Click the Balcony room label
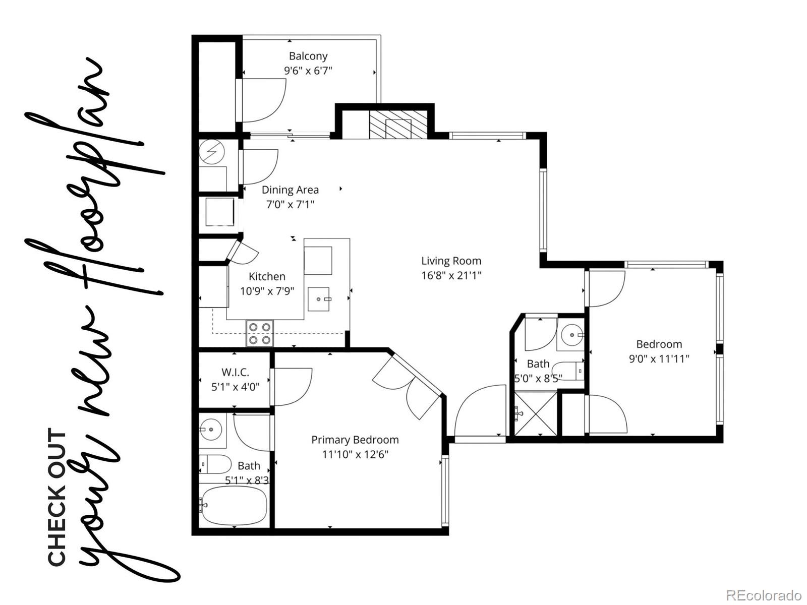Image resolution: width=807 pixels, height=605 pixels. pos(308,56)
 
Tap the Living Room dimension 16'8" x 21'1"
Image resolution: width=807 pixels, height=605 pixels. pos(451,276)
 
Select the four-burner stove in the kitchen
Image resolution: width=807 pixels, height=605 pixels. pos(260,333)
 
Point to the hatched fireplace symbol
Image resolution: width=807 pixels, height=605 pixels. pos(398,125)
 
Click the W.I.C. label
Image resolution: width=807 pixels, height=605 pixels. pos(235,373)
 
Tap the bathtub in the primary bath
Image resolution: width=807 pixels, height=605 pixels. pos(234,505)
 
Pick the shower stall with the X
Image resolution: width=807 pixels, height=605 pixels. pos(536,414)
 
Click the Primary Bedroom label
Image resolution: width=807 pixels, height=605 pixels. pos(355,440)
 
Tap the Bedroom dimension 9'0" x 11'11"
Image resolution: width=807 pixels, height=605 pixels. pos(659,359)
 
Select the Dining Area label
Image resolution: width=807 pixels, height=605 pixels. pos(290,190)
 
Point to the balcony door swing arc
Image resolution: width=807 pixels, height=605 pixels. pos(265,101)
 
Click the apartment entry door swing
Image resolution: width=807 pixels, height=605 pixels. pos(479,411)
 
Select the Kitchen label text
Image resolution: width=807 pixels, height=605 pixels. pos(267,276)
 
